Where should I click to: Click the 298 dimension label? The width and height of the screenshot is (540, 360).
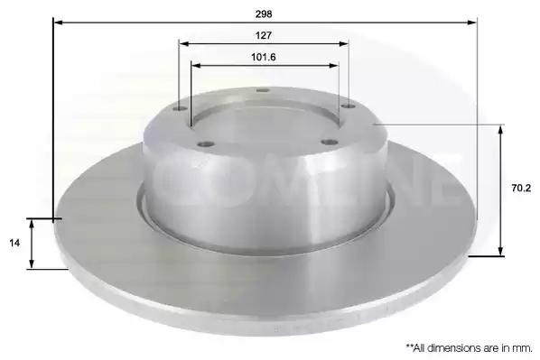pos(264,14)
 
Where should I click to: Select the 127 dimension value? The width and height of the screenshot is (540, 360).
pos(264,35)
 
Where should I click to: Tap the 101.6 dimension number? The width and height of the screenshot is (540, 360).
pos(264,57)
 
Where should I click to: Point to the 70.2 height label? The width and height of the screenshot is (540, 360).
pos(521,188)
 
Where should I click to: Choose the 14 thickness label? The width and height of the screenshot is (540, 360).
pos(14,243)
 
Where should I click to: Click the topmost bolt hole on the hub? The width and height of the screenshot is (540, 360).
pos(263,90)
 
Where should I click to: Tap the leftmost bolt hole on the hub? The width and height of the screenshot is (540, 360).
pos(180,109)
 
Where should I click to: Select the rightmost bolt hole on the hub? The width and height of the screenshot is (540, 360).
pos(348,106)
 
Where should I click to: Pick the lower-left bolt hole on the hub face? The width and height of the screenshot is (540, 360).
pos(206,143)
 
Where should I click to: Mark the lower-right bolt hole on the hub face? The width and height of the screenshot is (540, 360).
pos(329,142)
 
